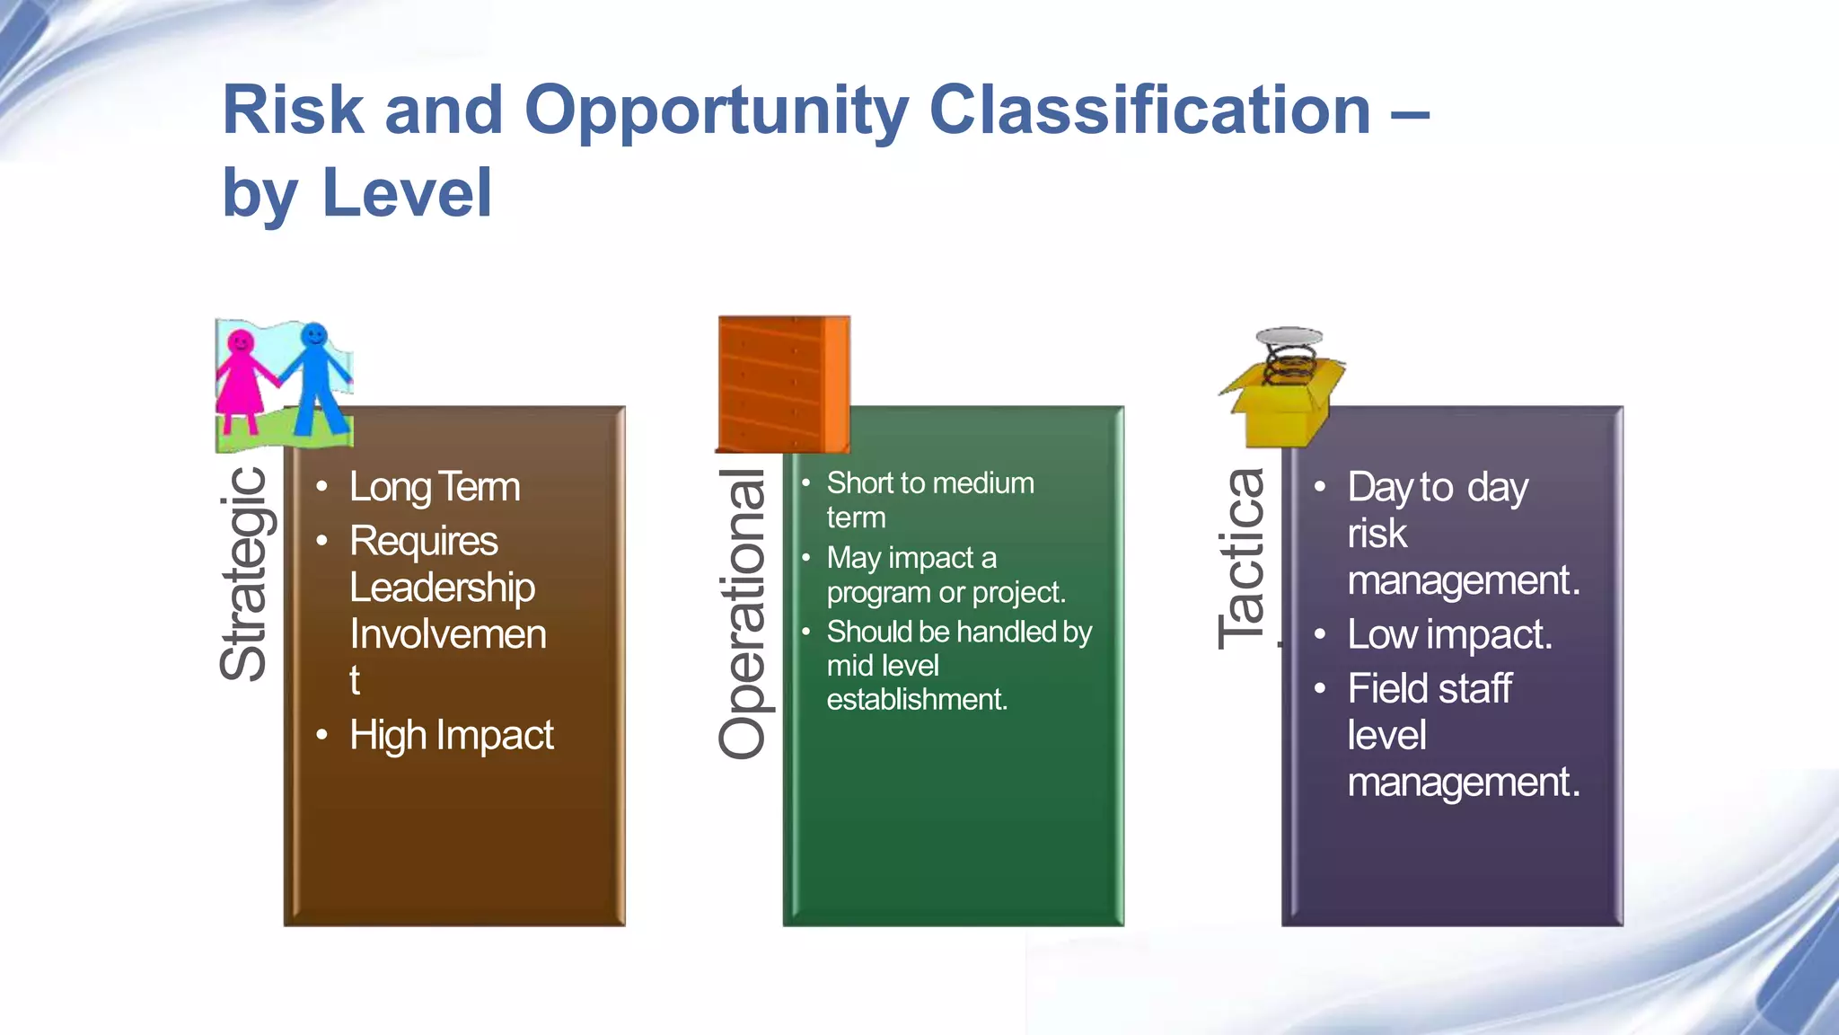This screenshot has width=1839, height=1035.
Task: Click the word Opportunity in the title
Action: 716,111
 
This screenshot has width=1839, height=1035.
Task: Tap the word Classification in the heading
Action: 1149,111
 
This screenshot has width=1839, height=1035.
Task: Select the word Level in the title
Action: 407,193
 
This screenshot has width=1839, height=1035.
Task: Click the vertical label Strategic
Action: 244,574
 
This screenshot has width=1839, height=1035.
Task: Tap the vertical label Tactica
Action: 1243,559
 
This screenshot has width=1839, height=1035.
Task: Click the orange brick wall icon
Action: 783,384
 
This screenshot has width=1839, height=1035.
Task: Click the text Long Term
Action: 435,487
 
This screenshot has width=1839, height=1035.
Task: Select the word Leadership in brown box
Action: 442,588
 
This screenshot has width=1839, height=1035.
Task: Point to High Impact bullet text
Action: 451,735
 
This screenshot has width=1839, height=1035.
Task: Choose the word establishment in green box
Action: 917,699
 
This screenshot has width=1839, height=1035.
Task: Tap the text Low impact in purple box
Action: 1448,634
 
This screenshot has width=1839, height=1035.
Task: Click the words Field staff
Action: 1430,689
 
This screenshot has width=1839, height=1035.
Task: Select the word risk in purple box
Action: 1377,534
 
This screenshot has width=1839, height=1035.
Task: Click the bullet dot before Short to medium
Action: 806,483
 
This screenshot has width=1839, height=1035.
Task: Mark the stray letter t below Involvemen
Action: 355,680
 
